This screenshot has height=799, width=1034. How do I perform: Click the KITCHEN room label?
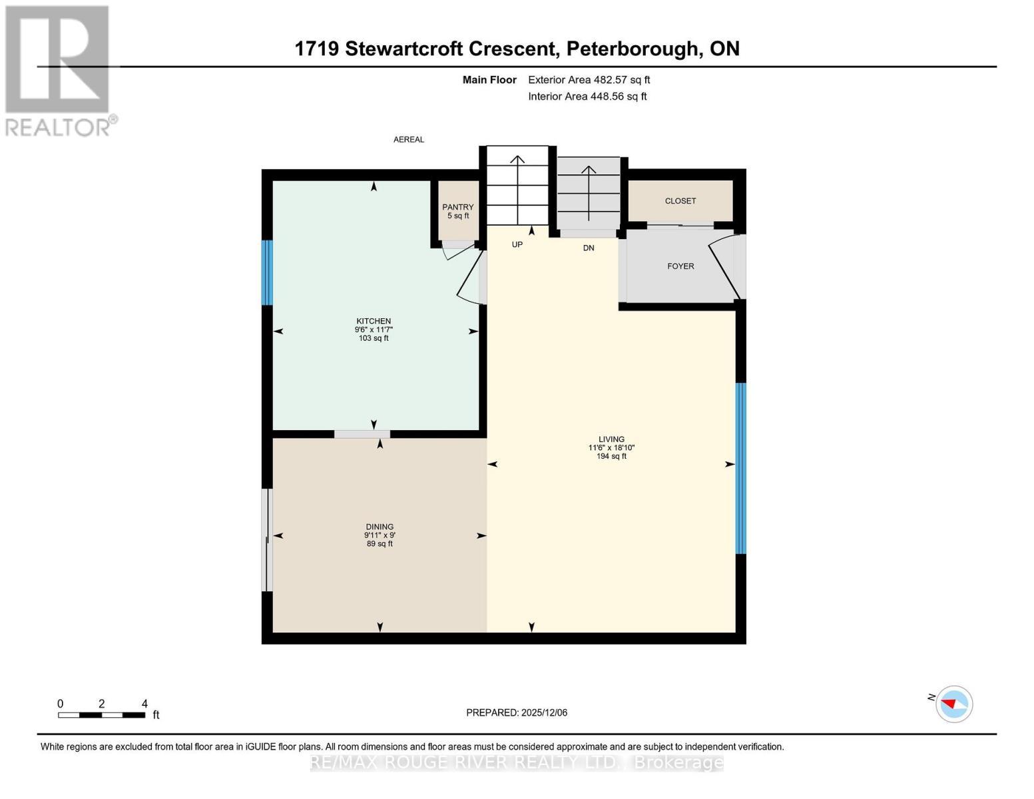click(x=373, y=321)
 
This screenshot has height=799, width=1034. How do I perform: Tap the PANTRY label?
click(x=458, y=207)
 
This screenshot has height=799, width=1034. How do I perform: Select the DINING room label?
click(x=380, y=527)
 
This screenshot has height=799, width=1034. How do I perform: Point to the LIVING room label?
click(x=611, y=439)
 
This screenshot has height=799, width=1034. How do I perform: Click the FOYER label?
click(x=680, y=266)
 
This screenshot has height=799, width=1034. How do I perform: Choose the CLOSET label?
click(x=680, y=201)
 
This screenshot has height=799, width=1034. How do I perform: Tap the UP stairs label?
click(x=517, y=245)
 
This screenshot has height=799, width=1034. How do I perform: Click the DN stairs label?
click(x=589, y=248)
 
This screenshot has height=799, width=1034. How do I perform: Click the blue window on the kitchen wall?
click(x=267, y=272)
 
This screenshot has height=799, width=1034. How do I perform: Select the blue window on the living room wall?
click(x=740, y=468)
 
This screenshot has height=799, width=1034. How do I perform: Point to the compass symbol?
click(x=954, y=704)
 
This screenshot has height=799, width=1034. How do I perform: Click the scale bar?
click(x=101, y=715)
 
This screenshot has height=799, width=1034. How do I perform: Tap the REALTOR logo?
click(x=59, y=70)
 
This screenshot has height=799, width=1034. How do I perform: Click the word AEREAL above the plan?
click(x=409, y=140)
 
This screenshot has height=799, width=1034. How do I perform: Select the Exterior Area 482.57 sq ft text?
click(x=589, y=80)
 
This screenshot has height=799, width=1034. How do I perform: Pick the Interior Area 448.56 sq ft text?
click(x=587, y=97)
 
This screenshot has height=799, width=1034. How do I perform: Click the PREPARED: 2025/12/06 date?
click(x=517, y=712)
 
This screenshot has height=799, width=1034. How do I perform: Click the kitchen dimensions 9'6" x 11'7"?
click(x=373, y=330)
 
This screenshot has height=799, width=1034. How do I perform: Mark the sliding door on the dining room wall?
click(x=267, y=540)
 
